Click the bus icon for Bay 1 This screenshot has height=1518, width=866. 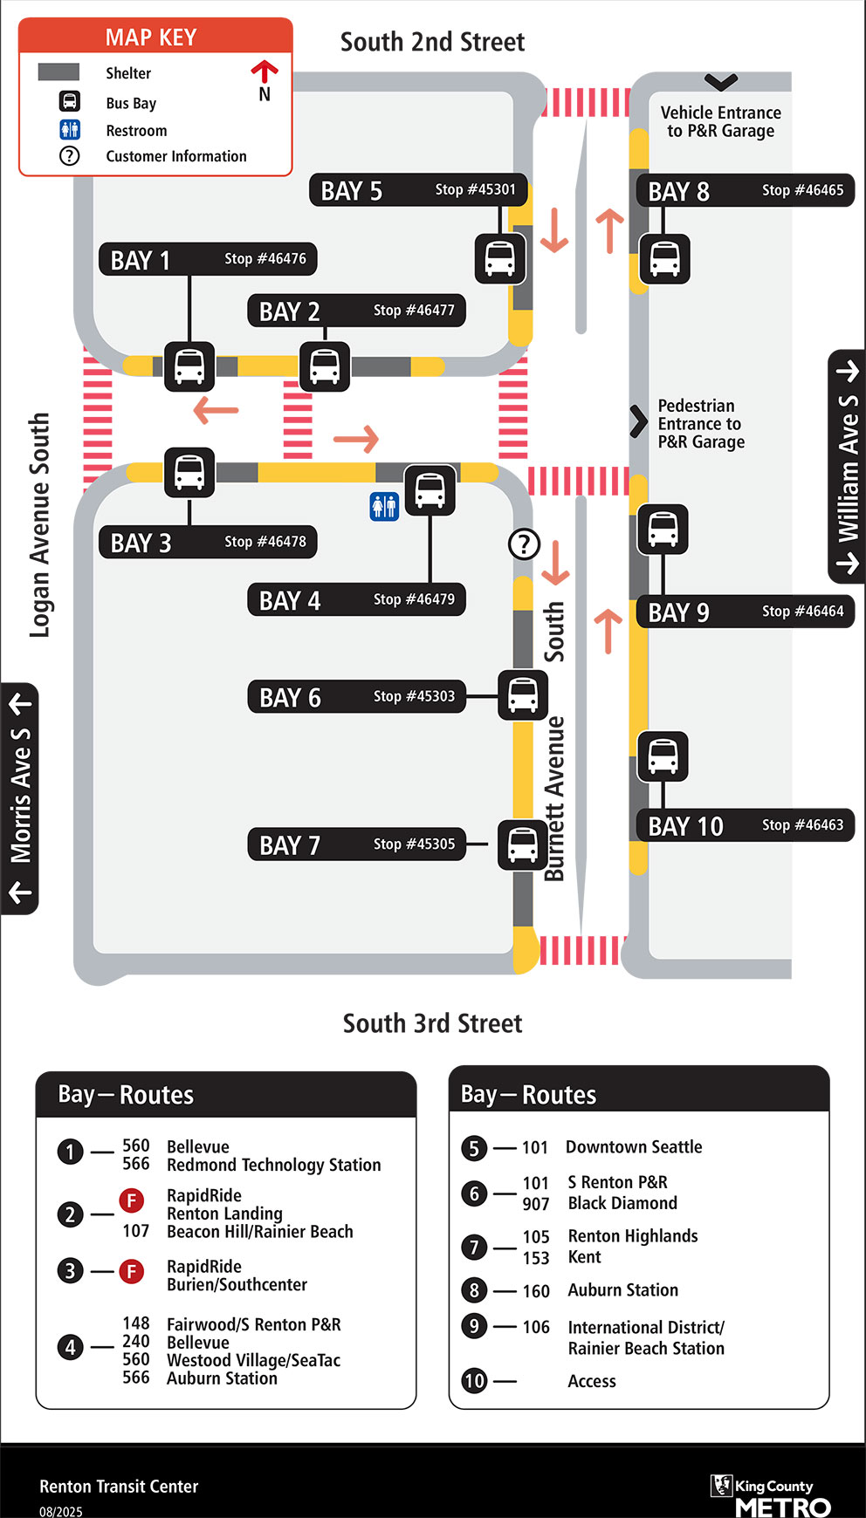point(189,366)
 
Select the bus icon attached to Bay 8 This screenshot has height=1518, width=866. point(664,259)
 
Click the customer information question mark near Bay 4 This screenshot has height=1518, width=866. point(524,544)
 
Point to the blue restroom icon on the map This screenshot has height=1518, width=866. point(384,506)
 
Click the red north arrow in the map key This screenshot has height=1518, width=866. point(265,71)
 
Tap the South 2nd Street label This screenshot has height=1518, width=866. point(432,42)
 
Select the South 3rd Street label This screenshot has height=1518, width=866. point(432,1023)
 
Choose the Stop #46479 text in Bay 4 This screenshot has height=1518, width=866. point(414,599)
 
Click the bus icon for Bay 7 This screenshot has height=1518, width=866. point(522,844)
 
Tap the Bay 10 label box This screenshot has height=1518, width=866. point(746,825)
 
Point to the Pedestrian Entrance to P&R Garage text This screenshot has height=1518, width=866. point(701,424)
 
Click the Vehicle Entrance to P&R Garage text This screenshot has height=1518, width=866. point(720,122)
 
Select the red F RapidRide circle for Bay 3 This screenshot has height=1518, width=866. point(131,1271)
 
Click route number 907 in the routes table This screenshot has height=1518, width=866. point(536,1204)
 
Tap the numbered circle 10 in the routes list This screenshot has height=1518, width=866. point(474,1381)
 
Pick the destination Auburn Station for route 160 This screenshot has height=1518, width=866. point(622,1290)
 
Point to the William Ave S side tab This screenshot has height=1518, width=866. point(847,467)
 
